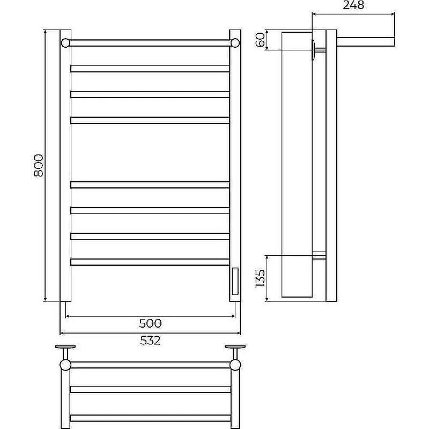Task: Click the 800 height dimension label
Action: click(x=39, y=165)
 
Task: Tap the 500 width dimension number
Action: click(x=150, y=324)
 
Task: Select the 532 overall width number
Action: click(x=150, y=341)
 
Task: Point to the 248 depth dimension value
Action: click(x=353, y=5)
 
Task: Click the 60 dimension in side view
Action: click(x=260, y=40)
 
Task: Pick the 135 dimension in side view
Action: click(x=260, y=278)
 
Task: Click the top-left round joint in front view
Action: click(x=65, y=43)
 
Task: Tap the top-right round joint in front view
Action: click(x=235, y=43)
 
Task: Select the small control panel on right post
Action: click(x=235, y=281)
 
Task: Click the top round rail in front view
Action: click(x=150, y=43)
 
